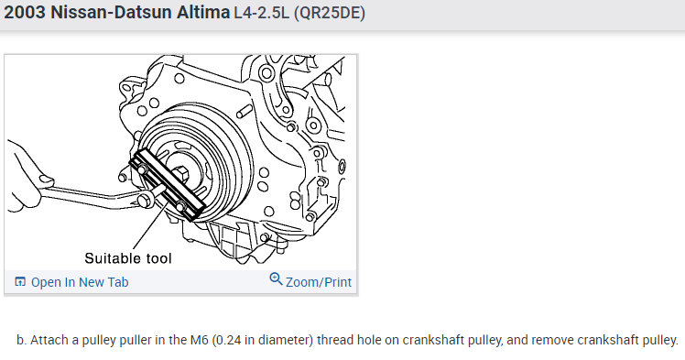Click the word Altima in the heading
203,12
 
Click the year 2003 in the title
25,12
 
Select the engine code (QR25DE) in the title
330,13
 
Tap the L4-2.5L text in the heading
261,13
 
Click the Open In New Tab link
80,282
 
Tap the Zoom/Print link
319,282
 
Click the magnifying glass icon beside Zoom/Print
276,278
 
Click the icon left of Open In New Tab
20,282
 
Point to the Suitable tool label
128,258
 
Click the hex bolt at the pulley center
180,174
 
